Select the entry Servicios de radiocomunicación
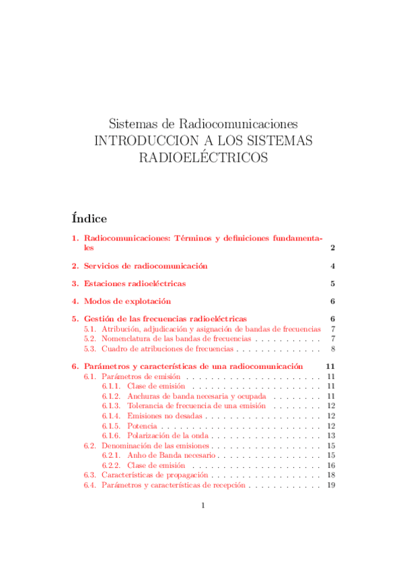pos(145,266)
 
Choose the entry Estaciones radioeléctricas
pos(135,283)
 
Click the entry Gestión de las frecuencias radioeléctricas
pos(165,318)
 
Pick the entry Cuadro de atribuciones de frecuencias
pos(168,349)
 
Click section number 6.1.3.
pos(111,406)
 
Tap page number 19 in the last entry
pos(330,485)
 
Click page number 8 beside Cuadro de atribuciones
pos(332,349)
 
